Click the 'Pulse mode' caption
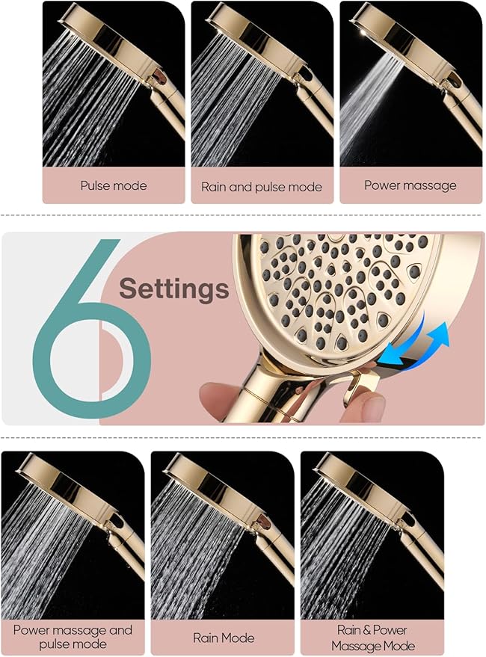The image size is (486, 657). [x=114, y=185]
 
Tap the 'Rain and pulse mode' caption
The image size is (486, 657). [x=261, y=186]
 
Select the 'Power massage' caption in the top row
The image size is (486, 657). [x=410, y=185]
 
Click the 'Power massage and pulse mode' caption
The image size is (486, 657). [x=73, y=637]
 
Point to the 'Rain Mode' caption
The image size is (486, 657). [x=223, y=638]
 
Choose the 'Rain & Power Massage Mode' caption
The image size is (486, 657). [x=372, y=637]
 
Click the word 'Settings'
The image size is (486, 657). [x=174, y=289]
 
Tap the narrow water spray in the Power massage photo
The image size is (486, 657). [x=370, y=105]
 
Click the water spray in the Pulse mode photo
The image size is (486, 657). [x=82, y=105]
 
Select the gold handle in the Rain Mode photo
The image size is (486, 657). [x=277, y=553]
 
